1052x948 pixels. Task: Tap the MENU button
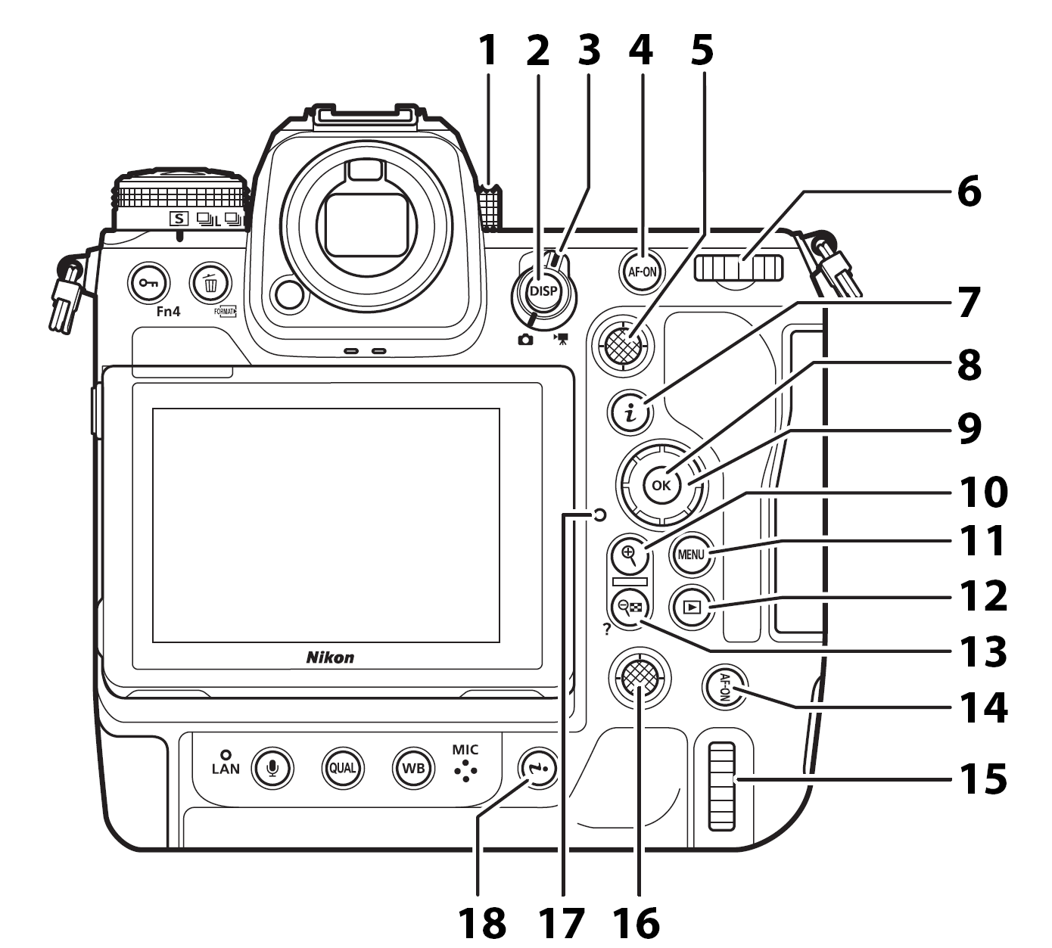690,554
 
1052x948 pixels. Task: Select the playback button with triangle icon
691,606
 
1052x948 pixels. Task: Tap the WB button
413,769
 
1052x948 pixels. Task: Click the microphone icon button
272,769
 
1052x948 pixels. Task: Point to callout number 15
983,779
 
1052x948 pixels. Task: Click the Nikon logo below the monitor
330,657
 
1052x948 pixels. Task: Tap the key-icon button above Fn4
151,284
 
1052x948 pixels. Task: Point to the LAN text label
226,769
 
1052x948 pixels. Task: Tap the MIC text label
465,750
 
